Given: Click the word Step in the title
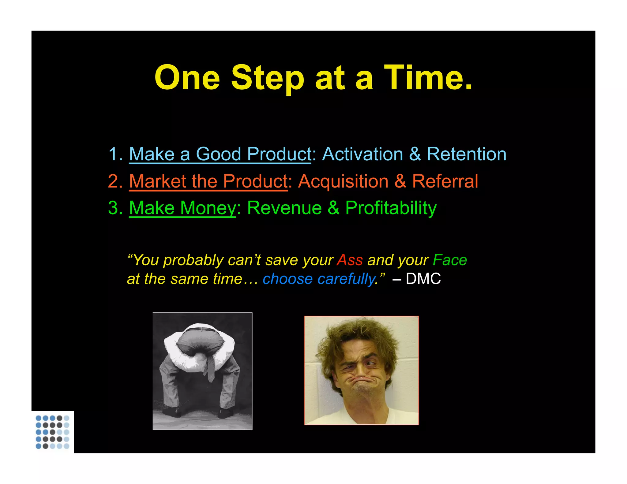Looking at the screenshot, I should coord(267,78).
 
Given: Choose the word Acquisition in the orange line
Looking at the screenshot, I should coord(343,181).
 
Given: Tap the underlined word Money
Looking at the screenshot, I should coord(208,208).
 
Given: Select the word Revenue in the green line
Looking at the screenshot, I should coord(284,208).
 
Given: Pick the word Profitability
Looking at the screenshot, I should coord(391,209).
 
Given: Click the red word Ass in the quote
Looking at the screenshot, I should coord(350,260).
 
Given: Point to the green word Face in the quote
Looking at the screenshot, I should coord(450,260).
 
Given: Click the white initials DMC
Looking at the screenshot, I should coord(423,279).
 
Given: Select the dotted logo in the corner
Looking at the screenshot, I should coord(52,432).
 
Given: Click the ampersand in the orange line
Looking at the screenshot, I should coord(400,181).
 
